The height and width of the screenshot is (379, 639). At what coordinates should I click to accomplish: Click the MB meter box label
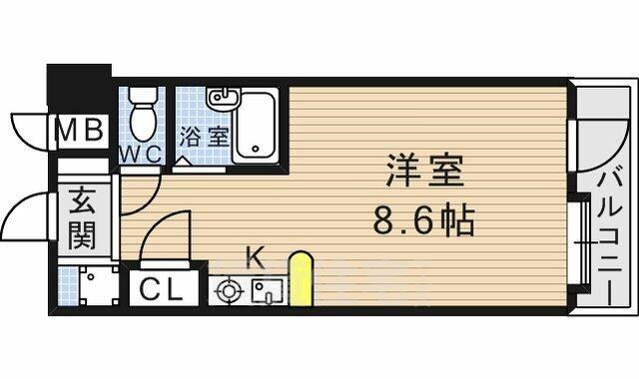point(80,131)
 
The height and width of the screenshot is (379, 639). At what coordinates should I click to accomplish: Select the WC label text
point(141,155)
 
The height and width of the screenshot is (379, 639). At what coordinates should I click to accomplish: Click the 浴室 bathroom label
point(204,137)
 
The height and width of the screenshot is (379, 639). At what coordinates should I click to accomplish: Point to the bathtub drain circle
point(256,149)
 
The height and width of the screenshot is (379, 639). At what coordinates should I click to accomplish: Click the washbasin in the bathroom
point(223,99)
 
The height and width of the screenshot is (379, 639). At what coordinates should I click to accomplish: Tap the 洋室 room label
point(424,170)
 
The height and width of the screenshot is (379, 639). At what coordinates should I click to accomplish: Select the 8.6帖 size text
point(424,220)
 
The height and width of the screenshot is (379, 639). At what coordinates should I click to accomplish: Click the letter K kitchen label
point(257,257)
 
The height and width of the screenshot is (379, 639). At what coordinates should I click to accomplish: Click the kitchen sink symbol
point(268,292)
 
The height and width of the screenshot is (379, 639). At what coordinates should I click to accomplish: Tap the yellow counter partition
point(301,278)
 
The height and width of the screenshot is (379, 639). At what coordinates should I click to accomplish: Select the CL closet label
point(161,290)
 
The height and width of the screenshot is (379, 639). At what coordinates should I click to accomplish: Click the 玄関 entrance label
point(82,217)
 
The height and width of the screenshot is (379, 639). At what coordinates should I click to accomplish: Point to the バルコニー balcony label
point(610,237)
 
